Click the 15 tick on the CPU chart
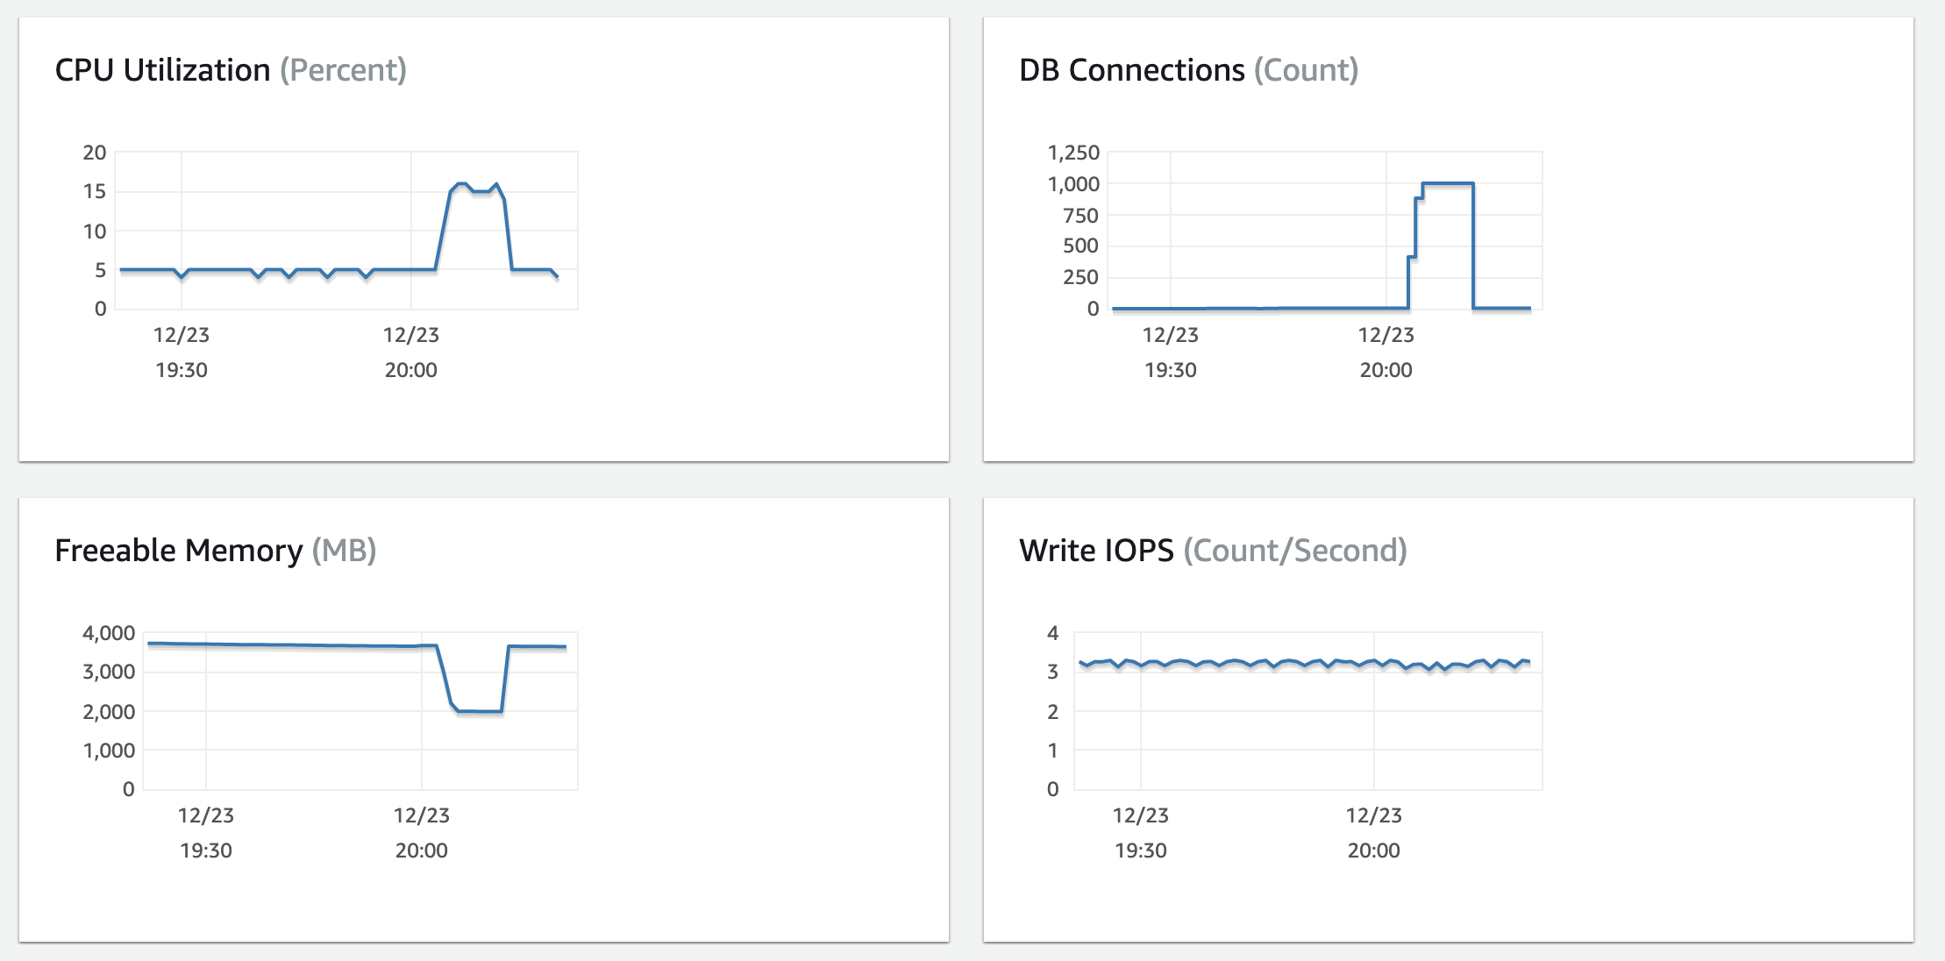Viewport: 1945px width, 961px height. (95, 191)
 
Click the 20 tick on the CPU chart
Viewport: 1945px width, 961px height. (95, 153)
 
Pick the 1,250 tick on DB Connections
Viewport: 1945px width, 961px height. (1073, 153)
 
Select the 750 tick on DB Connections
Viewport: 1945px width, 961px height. (1080, 216)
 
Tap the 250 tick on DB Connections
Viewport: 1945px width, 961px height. (1080, 277)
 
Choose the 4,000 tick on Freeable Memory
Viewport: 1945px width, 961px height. (109, 633)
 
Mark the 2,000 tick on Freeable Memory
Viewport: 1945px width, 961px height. (109, 712)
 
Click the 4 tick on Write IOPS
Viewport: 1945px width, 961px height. (1053, 633)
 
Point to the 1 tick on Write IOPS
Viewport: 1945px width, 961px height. (1053, 751)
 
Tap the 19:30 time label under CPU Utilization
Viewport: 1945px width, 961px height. (182, 370)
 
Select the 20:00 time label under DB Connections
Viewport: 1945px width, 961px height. (1386, 370)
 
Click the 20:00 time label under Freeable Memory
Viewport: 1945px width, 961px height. (421, 851)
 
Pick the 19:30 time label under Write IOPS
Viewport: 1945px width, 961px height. (1140, 851)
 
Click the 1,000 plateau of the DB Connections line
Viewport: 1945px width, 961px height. (1447, 183)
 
